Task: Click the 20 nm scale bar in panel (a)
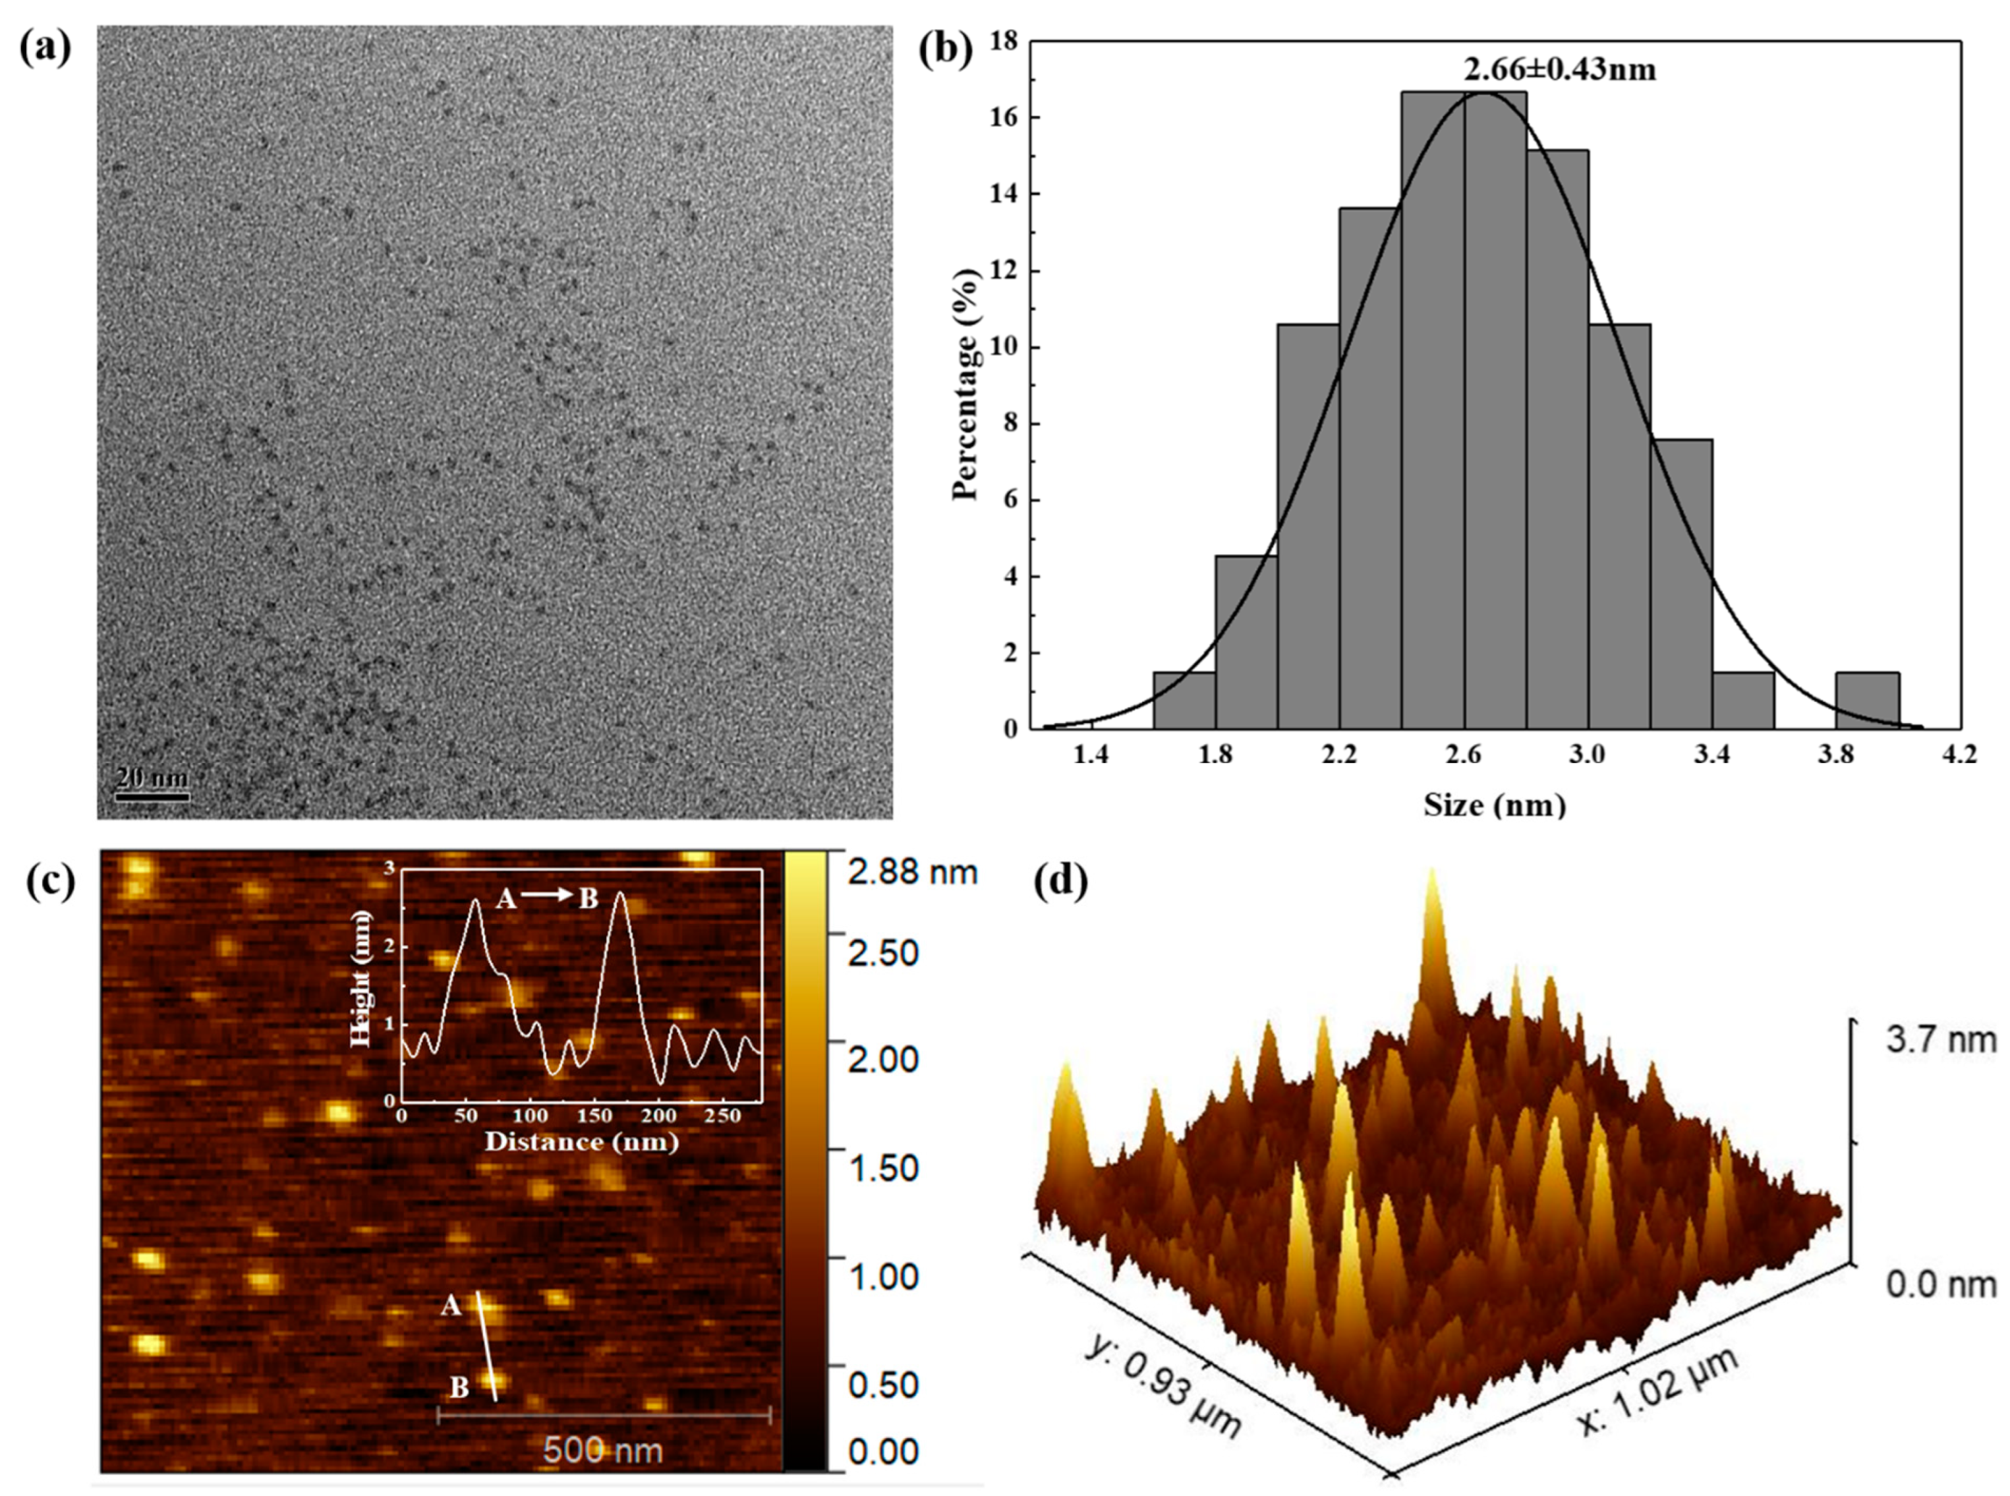152,797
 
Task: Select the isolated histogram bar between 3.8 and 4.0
1867,700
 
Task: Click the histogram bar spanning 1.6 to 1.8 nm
1184,700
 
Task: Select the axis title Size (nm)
1494,804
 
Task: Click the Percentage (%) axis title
966,384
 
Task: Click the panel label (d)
1060,880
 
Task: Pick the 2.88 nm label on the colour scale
911,872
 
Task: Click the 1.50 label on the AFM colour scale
883,1168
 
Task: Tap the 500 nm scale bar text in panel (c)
603,1450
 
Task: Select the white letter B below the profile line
459,1387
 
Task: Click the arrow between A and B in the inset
547,895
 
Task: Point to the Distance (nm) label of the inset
581,1141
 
